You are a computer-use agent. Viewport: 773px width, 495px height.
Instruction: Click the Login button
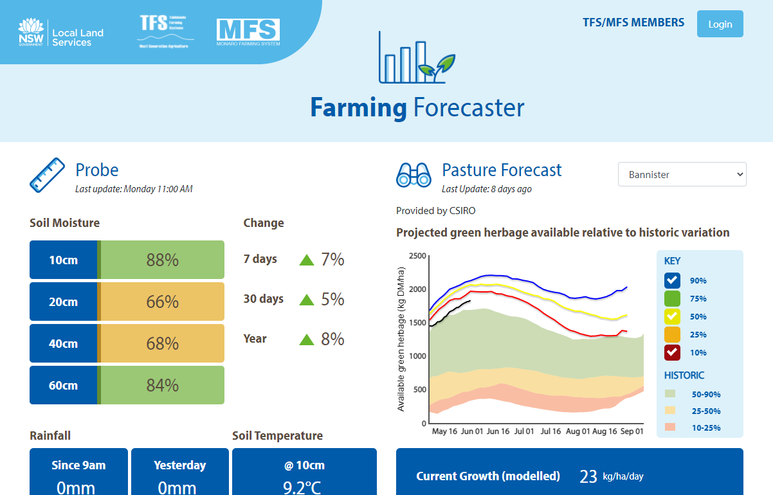coord(720,24)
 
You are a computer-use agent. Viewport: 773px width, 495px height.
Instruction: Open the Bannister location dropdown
coord(682,174)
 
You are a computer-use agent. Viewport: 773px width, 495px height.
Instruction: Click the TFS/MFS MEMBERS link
coord(633,22)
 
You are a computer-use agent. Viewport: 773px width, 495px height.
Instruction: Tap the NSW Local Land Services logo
coord(60,33)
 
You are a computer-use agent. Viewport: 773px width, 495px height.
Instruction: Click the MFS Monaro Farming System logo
coord(248,33)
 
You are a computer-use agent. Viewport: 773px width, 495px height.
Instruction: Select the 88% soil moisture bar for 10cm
coord(162,260)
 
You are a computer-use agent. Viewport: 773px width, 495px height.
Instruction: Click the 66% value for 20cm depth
coord(162,301)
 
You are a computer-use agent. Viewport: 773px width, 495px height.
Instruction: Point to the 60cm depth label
coord(63,385)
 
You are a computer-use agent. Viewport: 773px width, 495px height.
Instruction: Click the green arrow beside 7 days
coord(307,260)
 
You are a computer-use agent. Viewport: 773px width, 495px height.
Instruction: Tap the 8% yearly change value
coord(332,339)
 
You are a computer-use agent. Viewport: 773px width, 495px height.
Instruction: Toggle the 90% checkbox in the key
coord(672,281)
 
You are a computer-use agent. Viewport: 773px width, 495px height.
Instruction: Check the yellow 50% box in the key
coord(672,317)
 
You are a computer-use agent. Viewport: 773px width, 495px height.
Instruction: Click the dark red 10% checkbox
coord(672,353)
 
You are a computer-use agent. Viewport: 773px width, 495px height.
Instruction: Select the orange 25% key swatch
coord(672,335)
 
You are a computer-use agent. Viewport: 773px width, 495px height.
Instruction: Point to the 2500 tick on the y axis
coord(417,256)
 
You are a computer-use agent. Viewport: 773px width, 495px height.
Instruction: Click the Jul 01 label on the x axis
coord(523,431)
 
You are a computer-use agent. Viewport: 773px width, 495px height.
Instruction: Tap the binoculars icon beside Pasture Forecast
coord(414,174)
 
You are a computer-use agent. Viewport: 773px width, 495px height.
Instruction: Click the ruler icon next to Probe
coord(47,175)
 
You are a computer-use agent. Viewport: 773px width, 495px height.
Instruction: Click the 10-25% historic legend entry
coord(705,428)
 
